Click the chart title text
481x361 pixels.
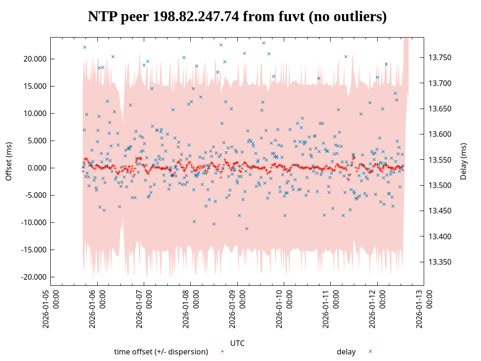click(x=237, y=16)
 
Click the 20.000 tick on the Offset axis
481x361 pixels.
click(x=33, y=59)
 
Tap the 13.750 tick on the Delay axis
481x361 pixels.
click(x=440, y=58)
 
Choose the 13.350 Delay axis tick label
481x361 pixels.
click(x=440, y=262)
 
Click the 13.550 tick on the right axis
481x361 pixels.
click(x=440, y=160)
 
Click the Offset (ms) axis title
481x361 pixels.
click(x=8, y=162)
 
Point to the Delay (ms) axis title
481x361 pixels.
click(x=464, y=161)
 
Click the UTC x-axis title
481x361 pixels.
click(x=237, y=343)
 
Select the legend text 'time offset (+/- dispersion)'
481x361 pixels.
click(x=161, y=352)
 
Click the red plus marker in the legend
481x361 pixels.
click(x=222, y=352)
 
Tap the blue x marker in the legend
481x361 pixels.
click(x=370, y=352)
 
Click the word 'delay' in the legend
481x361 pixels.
click(x=346, y=352)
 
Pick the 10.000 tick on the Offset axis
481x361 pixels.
click(x=33, y=113)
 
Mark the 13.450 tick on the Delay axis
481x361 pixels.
click(x=440, y=211)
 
